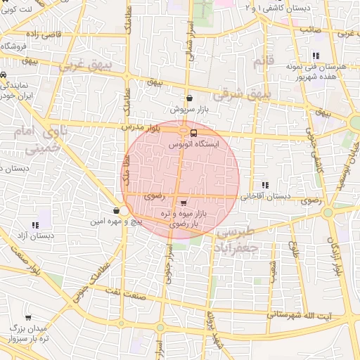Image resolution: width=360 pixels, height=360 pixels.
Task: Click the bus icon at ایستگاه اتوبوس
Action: (x=193, y=132)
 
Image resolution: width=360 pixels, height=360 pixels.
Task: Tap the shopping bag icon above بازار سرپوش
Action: (x=189, y=98)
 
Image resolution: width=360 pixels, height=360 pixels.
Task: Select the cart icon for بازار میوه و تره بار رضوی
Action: (x=184, y=202)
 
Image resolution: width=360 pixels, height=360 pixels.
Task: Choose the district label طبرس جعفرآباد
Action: (x=238, y=240)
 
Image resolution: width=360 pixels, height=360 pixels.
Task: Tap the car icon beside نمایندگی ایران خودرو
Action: (x=4, y=75)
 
